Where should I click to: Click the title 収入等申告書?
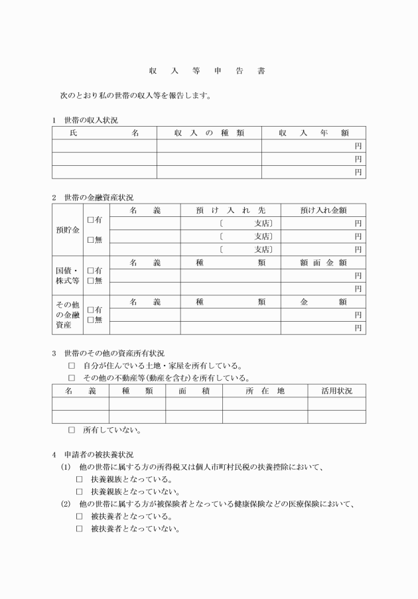209,71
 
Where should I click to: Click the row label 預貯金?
68,230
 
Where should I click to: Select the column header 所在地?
265,391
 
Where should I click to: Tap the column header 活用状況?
336,391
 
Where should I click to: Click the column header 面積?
194,391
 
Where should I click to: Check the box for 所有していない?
72,430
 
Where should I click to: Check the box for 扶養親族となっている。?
80,479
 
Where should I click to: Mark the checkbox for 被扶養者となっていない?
80,529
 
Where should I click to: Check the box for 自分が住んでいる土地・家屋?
72,366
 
